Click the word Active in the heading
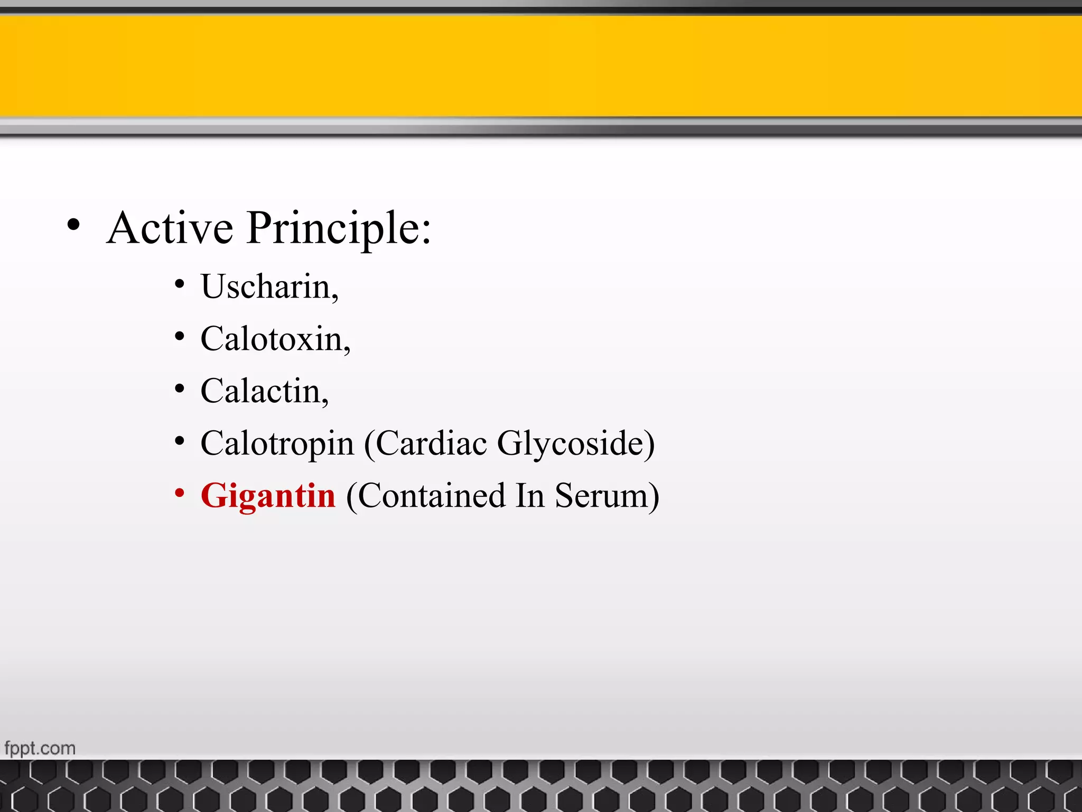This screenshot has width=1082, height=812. point(170,228)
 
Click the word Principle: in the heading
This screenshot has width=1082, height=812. point(339,228)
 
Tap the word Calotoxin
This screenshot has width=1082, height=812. point(272,339)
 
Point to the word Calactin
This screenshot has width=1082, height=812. point(261,391)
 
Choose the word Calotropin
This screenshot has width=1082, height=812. point(277,444)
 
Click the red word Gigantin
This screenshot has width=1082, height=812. point(268,496)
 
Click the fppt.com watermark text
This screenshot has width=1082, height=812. point(40,748)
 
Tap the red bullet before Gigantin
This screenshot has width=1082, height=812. point(180,493)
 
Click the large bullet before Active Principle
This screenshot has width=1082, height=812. point(74,225)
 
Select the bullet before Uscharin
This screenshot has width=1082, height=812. point(180,284)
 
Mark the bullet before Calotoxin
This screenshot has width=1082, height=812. point(180,336)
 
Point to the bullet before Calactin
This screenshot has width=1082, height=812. point(180,389)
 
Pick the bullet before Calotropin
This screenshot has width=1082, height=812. point(180,441)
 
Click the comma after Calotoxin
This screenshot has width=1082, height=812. point(347,350)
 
